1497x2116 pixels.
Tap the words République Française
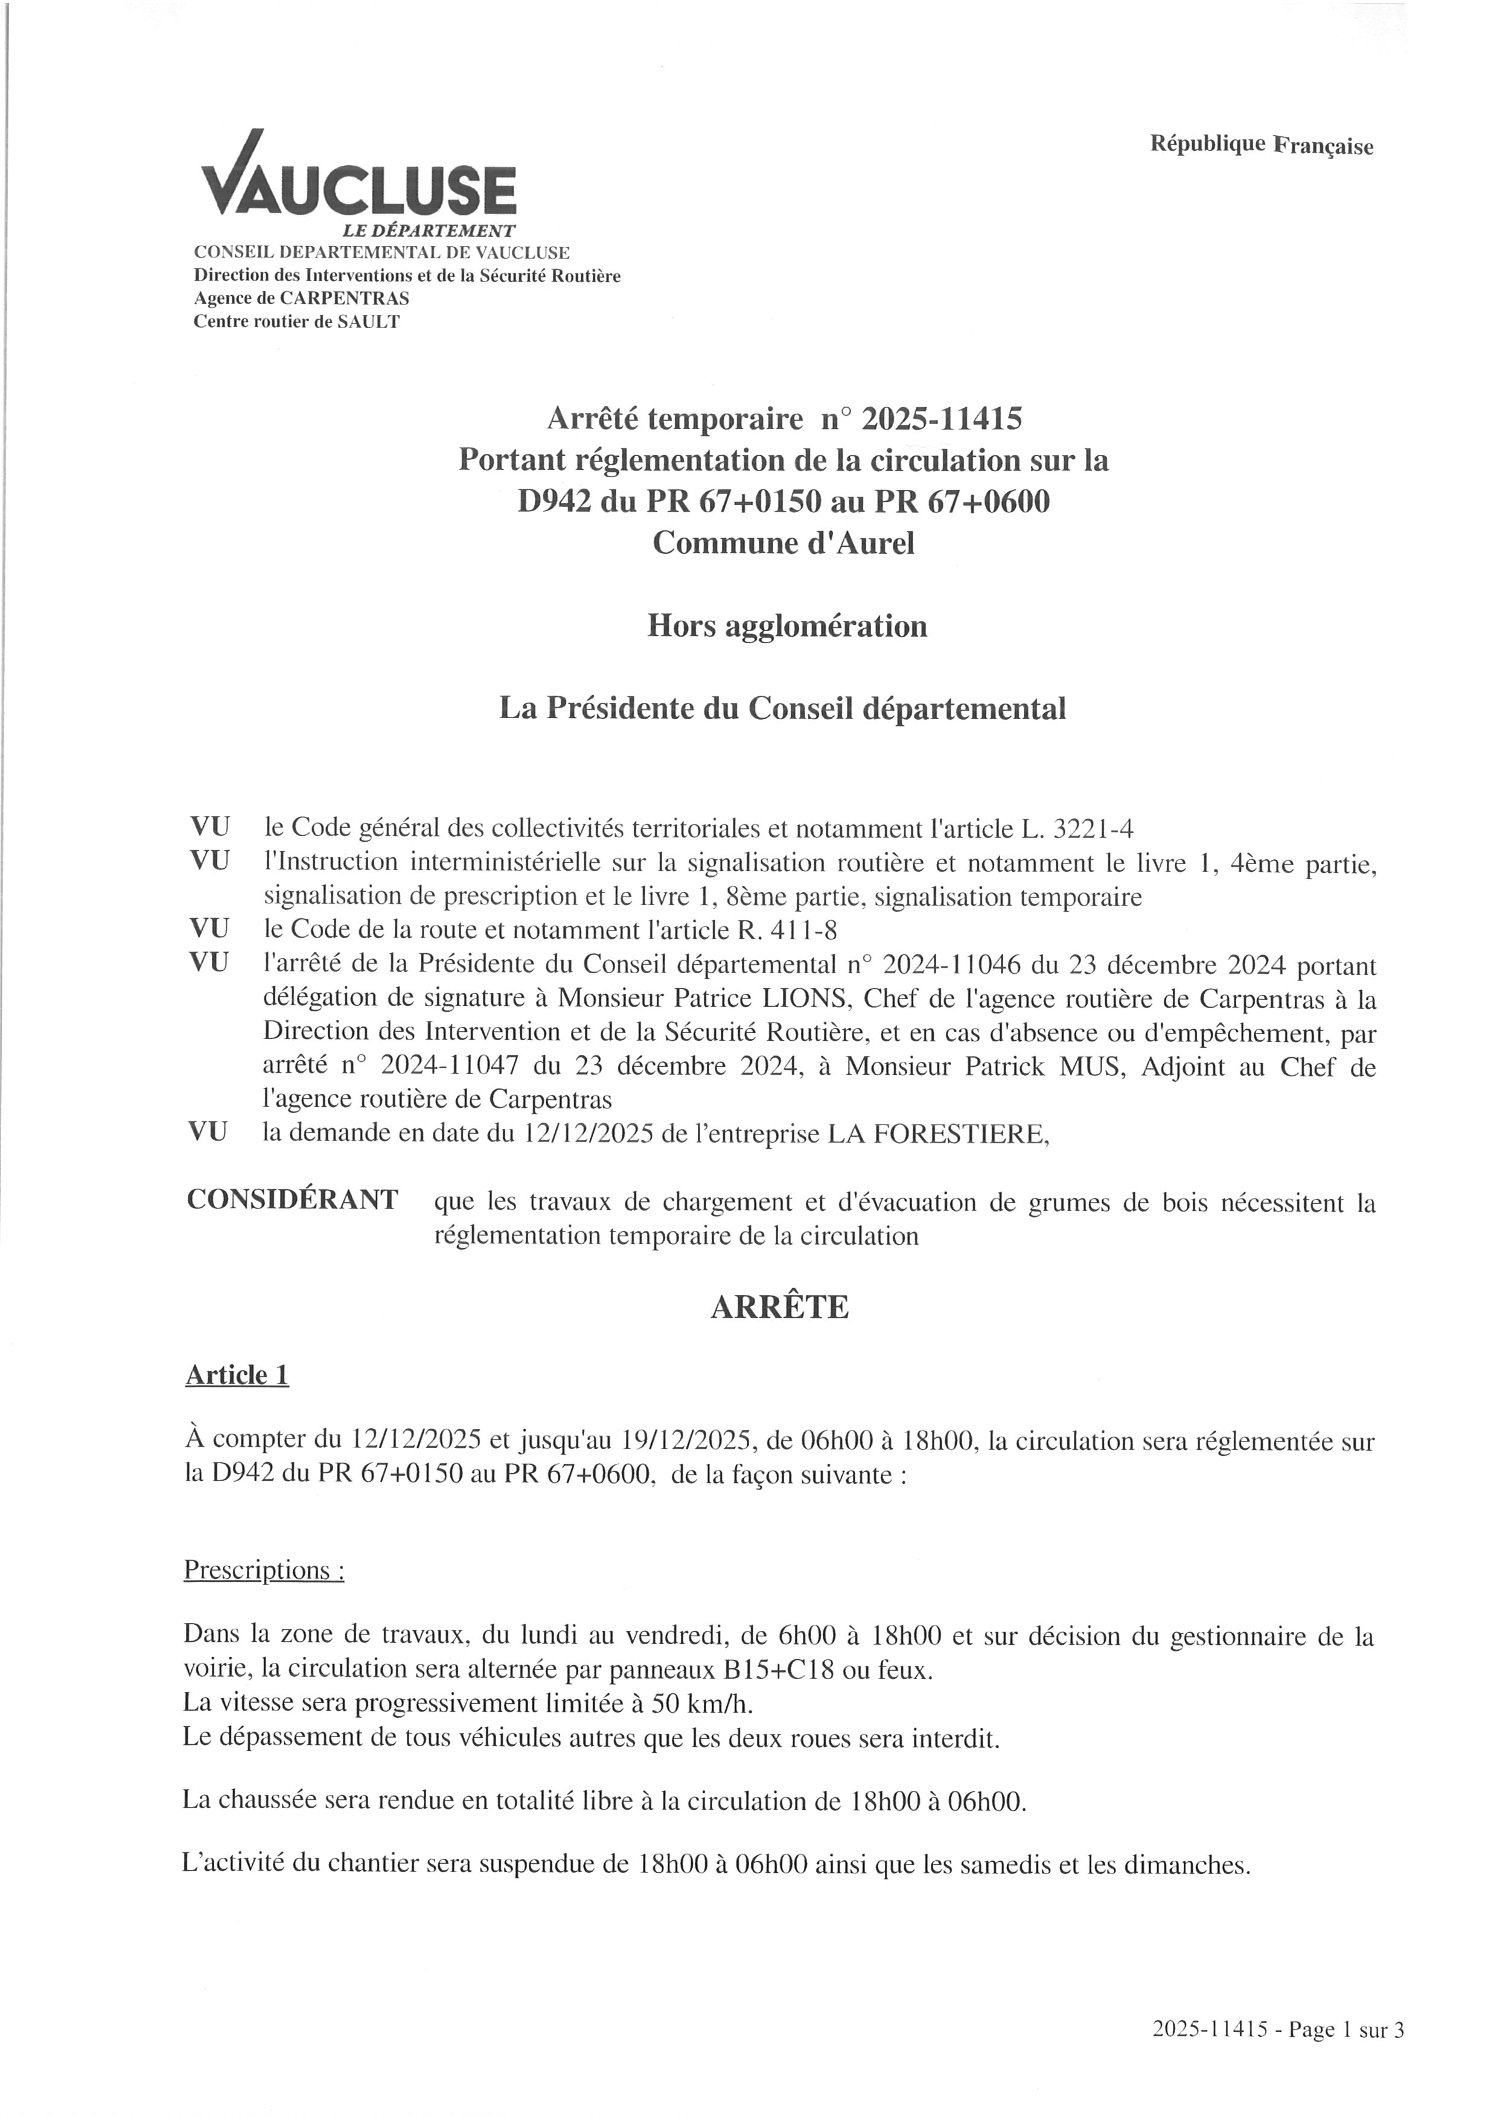(1261, 145)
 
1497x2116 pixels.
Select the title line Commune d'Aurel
(784, 543)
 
